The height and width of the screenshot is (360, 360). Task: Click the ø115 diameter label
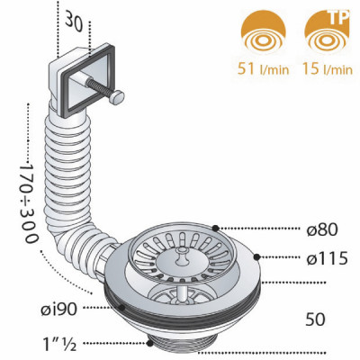pyautogui.click(x=327, y=258)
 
